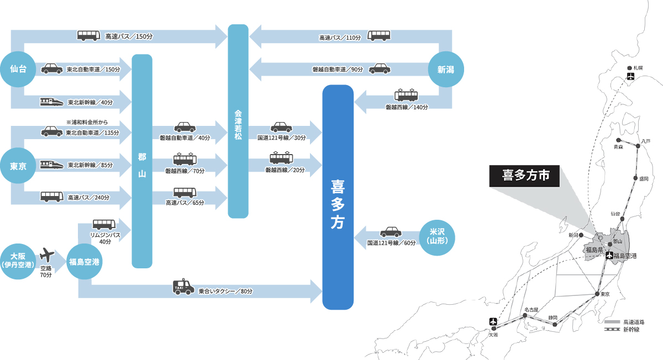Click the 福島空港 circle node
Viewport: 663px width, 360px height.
[x=84, y=262]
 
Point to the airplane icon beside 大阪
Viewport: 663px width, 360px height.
[x=47, y=255]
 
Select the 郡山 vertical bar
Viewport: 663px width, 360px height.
[x=142, y=161]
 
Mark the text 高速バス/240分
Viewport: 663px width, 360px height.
[x=88, y=197]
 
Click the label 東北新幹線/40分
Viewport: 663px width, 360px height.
[x=90, y=102]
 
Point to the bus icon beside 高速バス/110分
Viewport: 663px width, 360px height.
[x=379, y=36]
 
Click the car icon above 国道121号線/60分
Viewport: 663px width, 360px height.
[x=391, y=231]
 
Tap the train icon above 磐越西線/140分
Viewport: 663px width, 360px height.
[x=406, y=95]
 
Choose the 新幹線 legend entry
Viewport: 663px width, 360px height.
[x=631, y=330]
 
